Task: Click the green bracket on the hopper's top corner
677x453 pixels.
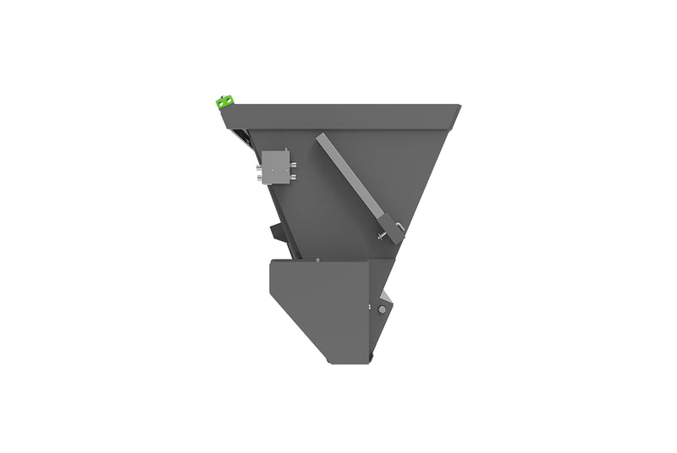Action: (224, 102)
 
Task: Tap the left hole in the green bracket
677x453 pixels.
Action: (221, 103)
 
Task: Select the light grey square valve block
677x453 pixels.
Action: (275, 166)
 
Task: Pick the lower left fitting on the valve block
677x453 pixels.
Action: (261, 175)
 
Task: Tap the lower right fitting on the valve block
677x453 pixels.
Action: (292, 176)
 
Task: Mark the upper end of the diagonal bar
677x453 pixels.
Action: (323, 139)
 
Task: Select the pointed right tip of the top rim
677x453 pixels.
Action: (460, 106)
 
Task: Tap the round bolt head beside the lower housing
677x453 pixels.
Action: (382, 310)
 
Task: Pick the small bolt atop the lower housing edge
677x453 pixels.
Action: (316, 259)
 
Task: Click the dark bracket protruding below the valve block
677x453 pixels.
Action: (278, 230)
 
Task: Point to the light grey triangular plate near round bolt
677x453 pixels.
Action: (387, 297)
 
